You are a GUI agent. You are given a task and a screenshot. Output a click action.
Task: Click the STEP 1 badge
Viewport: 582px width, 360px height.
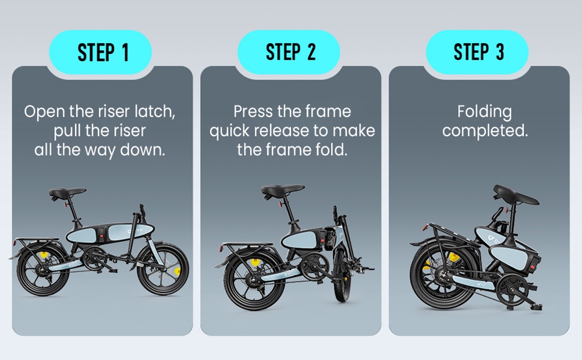click(x=102, y=53)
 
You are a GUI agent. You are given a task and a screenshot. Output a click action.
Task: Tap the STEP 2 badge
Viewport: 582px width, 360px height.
click(x=290, y=53)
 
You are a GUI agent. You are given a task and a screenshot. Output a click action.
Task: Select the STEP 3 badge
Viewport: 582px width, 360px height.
click(x=478, y=53)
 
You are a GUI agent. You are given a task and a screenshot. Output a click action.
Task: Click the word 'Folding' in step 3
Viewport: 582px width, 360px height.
click(x=484, y=111)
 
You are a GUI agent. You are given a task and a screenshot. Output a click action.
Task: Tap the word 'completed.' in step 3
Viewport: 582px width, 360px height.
click(x=484, y=131)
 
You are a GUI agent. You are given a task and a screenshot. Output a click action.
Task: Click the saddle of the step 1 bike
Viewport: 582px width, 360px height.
click(x=67, y=193)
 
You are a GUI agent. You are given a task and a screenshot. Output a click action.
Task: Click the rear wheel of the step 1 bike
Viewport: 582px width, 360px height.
click(x=41, y=270)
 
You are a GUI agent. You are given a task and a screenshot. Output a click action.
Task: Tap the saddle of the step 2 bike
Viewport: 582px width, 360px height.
click(x=282, y=190)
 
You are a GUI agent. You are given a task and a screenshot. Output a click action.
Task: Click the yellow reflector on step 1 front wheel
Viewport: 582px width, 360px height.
click(x=176, y=270)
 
